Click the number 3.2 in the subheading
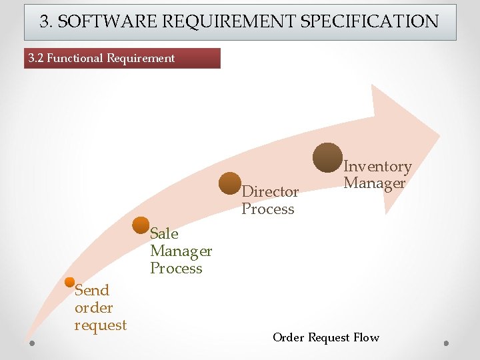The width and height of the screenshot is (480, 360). pos(35,58)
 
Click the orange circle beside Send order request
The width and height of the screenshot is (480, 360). pos(70,282)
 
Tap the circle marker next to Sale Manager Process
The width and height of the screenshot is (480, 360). pos(141,225)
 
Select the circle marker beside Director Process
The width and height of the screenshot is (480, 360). pos(231,183)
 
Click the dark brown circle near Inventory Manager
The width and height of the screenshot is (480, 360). pos(327,157)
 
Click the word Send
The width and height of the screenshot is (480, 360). pos(92,290)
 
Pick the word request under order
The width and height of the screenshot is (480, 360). pos(101,325)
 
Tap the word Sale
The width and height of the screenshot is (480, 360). pos(164,233)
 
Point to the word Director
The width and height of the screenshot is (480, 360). pos(270,191)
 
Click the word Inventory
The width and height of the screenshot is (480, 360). pos(377,166)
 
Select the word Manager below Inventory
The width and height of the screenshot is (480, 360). pos(374,183)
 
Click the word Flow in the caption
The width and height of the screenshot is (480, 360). pos(366,337)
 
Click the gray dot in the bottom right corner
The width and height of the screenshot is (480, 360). pos(446,343)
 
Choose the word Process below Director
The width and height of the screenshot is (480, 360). pos(268,209)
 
